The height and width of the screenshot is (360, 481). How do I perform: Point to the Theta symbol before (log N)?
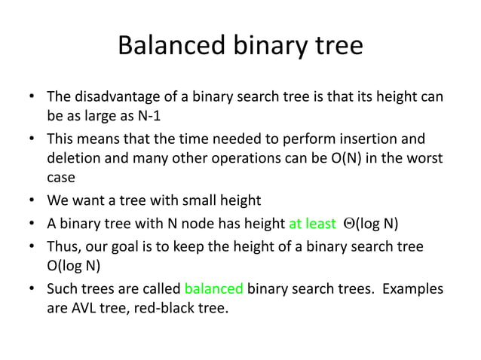point(348,223)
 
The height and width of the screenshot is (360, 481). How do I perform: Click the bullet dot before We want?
point(32,200)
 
